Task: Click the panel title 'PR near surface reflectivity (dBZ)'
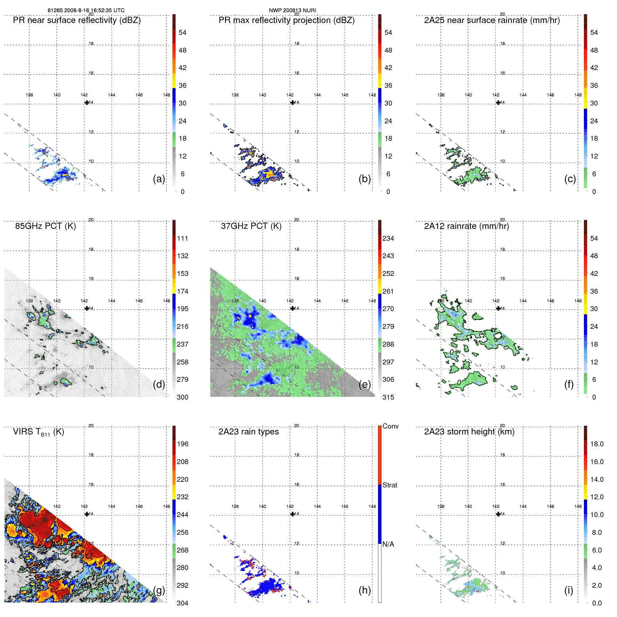(77, 20)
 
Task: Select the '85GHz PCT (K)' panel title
(45, 226)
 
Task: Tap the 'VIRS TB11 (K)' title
(38, 432)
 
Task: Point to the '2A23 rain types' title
(248, 432)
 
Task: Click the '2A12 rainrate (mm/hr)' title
(466, 226)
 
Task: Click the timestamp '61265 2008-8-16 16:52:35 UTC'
(86, 10)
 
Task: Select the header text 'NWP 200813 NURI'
(292, 10)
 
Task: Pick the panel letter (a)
(159, 179)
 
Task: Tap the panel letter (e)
(364, 384)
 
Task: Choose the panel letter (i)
(569, 590)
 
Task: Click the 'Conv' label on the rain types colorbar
(390, 426)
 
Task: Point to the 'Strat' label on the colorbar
(390, 485)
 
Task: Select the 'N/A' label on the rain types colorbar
(388, 544)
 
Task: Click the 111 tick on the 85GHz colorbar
(183, 239)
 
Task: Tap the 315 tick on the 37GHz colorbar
(388, 397)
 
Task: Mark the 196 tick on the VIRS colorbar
(183, 444)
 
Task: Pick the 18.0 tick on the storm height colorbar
(596, 444)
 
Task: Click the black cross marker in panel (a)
(87, 103)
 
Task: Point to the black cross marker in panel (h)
(292, 514)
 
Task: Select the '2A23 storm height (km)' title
(469, 432)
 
